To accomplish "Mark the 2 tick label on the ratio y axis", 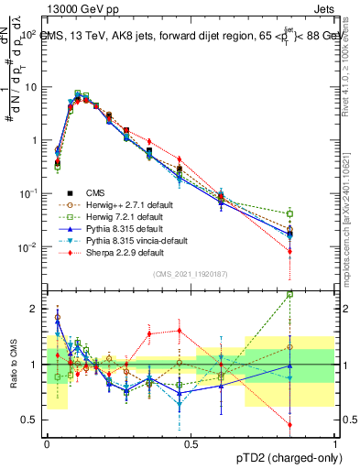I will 35,309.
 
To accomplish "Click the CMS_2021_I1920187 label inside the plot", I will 191,272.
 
